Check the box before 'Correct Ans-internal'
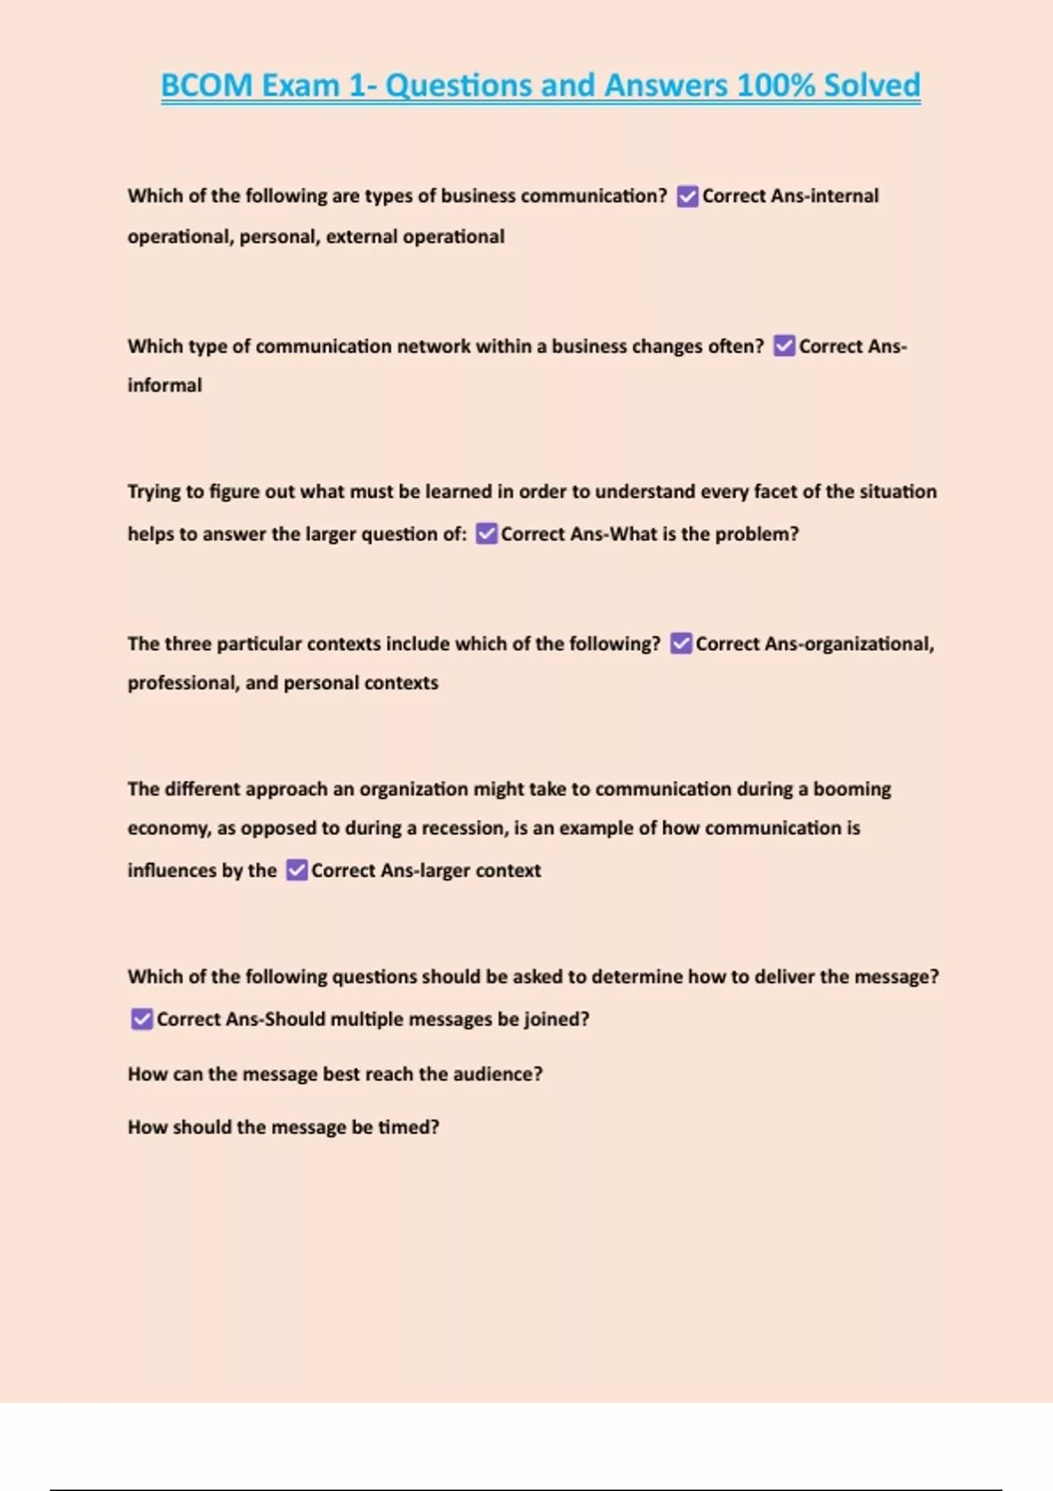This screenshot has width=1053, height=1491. [688, 196]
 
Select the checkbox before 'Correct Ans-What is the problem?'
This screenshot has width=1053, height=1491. [486, 534]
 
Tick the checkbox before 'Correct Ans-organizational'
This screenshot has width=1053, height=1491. [681, 644]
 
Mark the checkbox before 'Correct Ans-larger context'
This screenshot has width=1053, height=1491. [297, 870]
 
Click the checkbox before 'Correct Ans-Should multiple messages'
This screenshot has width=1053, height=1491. [141, 1019]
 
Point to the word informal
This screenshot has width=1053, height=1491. [165, 385]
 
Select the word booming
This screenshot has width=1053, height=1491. [852, 788]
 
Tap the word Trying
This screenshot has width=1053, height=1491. [154, 492]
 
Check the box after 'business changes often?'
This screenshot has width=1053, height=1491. [784, 346]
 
